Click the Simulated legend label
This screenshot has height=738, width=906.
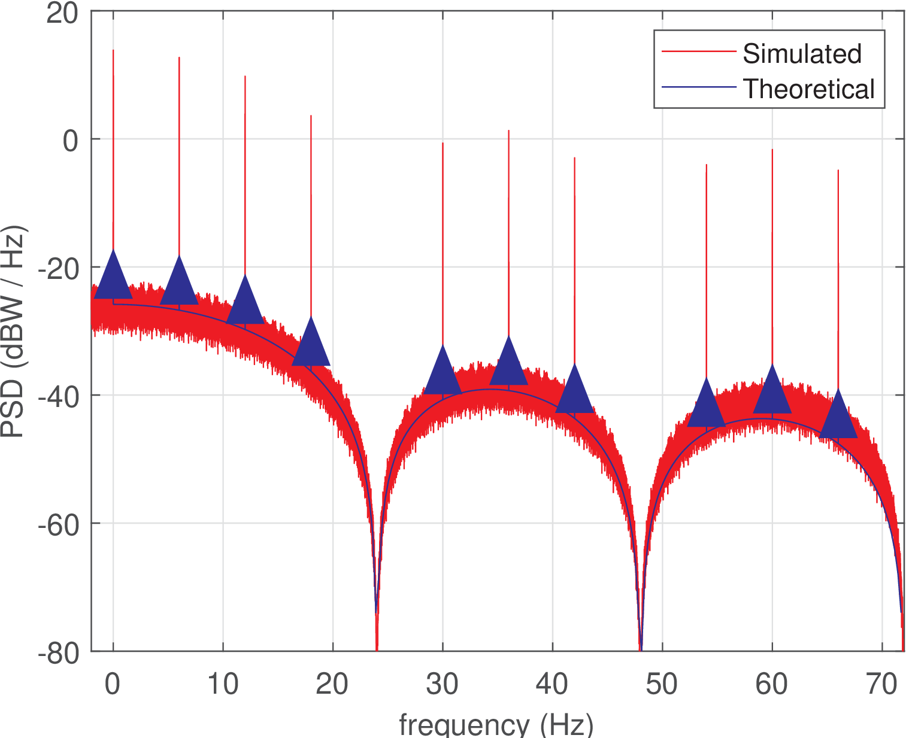point(802,54)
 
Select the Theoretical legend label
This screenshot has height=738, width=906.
point(808,89)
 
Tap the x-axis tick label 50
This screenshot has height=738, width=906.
point(662,684)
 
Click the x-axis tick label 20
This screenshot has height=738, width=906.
point(332,684)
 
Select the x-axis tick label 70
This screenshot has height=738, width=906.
point(881,684)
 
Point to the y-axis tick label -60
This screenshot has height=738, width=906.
point(58,523)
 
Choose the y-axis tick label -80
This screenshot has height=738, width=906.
point(58,651)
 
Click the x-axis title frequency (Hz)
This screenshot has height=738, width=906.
point(496,725)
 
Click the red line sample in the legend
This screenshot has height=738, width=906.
point(698,52)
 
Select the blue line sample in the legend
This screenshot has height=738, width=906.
point(698,87)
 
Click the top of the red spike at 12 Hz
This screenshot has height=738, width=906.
point(245,77)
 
